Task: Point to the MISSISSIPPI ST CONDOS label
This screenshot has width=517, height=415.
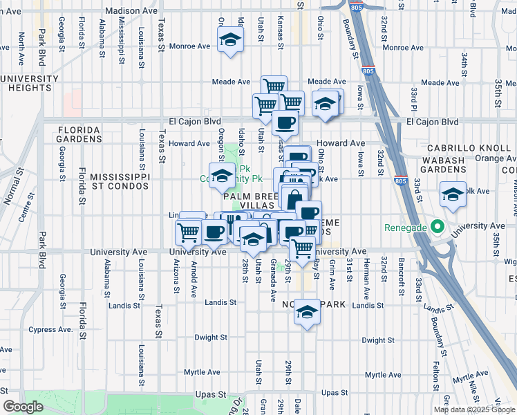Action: pos(120,182)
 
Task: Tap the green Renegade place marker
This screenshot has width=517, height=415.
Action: pos(436,226)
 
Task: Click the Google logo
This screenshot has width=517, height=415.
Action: pos(23,406)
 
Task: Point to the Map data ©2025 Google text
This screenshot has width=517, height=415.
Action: pos(473,409)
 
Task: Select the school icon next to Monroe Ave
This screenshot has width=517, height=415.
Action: pos(230,40)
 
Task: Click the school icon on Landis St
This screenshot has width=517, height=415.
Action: pos(307,313)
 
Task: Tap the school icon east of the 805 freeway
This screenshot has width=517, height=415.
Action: pos(453,194)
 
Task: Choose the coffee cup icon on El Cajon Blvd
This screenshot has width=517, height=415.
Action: pos(285,124)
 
